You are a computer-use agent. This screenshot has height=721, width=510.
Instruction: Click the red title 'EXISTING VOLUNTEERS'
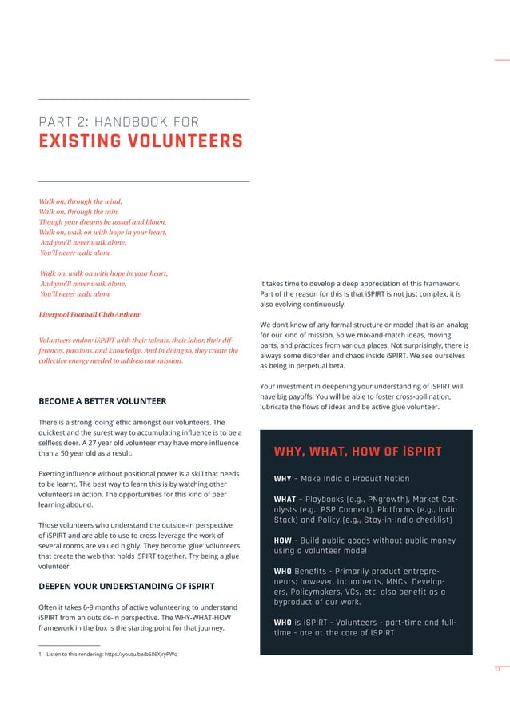[x=140, y=142]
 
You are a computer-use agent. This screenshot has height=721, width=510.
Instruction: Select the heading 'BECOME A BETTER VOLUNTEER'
[x=102, y=400]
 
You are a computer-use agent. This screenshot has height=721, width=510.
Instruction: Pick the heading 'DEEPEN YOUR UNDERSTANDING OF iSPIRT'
[x=126, y=586]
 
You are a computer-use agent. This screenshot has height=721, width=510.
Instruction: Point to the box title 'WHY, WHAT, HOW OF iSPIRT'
[x=357, y=452]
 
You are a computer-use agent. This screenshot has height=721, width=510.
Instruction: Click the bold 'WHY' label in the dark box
[x=282, y=479]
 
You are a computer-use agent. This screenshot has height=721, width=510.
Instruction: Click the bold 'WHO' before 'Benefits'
[x=283, y=572]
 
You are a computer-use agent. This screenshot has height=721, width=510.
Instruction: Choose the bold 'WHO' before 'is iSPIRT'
[x=283, y=623]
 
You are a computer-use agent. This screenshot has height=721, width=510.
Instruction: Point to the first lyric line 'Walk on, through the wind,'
[x=80, y=201]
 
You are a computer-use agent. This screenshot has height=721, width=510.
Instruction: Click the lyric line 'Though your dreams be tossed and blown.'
[x=102, y=221]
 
